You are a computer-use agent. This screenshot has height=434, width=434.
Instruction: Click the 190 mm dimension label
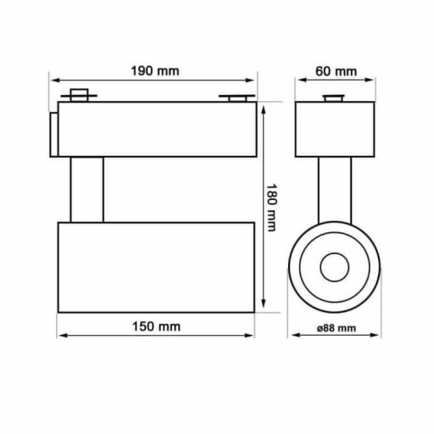[x=155, y=70]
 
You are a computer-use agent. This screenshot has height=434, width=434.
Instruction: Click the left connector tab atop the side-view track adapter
[x=81, y=96]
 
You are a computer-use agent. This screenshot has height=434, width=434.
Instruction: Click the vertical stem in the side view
[x=87, y=190]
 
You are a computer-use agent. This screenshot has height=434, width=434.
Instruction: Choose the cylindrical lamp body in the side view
[x=155, y=266]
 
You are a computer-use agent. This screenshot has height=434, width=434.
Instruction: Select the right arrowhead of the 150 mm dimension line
[x=252, y=338]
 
